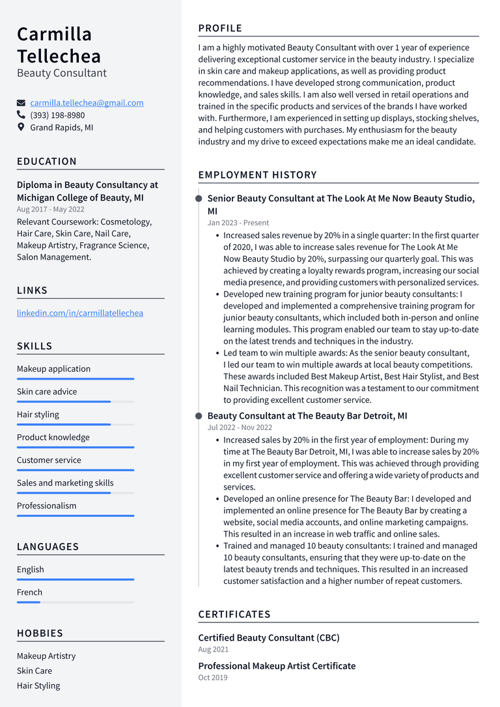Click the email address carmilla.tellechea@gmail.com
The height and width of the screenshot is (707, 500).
[87, 103]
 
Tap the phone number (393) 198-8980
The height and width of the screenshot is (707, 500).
[57, 115]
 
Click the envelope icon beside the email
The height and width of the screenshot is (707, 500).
[21, 103]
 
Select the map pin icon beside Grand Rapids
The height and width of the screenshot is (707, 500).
[21, 128]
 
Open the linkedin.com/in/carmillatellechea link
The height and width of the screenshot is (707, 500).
[80, 313]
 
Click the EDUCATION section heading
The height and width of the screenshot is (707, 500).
[47, 161]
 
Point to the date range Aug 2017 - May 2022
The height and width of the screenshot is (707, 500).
[51, 210]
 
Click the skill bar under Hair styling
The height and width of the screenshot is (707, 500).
[75, 424]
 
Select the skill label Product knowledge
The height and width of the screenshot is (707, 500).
[53, 437]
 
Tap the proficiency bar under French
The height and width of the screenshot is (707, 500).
[75, 602]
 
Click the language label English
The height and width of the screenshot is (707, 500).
[31, 570]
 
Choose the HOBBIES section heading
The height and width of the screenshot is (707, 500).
[40, 633]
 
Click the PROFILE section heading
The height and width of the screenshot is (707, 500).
[220, 29]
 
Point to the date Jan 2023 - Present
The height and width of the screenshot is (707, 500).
[238, 223]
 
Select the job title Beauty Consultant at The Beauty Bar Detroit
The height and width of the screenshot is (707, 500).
[307, 416]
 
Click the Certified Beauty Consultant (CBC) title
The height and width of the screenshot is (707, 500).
[269, 638]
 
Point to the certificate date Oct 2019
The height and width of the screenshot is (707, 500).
[213, 678]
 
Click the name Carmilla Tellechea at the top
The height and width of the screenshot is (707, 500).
[59, 44]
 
